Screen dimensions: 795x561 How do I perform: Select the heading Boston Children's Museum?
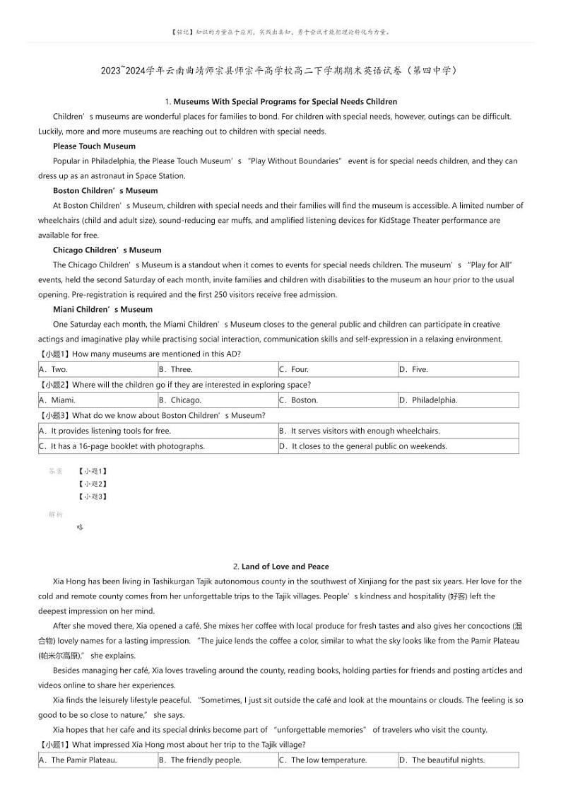105,190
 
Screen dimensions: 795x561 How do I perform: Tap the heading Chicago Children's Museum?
107,250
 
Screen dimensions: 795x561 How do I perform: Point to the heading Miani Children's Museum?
102,309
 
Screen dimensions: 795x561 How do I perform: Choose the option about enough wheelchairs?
360,431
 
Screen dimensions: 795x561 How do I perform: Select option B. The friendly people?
200,760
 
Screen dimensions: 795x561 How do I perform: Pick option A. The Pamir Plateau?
78,760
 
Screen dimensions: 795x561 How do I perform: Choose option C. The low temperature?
323,760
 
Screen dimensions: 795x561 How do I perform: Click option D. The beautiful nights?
442,760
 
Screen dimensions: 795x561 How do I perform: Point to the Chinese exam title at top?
280,71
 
